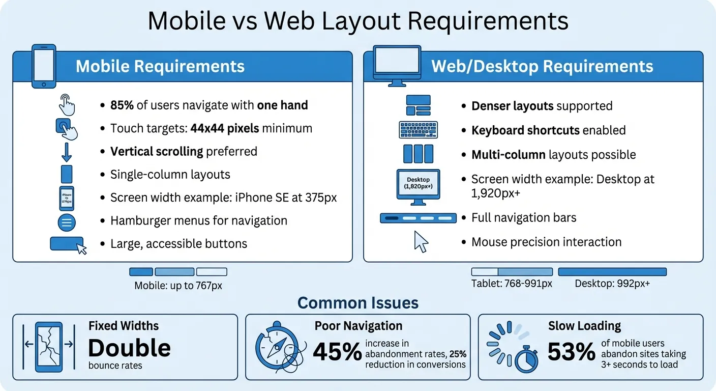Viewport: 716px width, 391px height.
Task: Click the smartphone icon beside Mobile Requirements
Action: coord(44,66)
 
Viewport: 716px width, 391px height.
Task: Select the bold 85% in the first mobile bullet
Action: coord(122,105)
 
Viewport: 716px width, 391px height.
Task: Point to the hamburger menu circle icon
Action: coord(68,222)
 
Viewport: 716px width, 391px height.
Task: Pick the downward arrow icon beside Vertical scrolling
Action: coord(67,151)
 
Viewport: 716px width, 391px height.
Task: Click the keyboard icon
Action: coord(418,129)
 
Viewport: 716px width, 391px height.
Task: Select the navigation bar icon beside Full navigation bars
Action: coord(418,218)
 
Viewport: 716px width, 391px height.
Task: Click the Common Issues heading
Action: coord(357,303)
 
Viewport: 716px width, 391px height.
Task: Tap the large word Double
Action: coord(129,348)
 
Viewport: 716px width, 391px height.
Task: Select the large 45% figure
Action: coord(337,352)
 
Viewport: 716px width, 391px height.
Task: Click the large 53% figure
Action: coord(571,352)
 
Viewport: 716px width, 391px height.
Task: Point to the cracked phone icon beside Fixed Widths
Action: coord(49,347)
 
